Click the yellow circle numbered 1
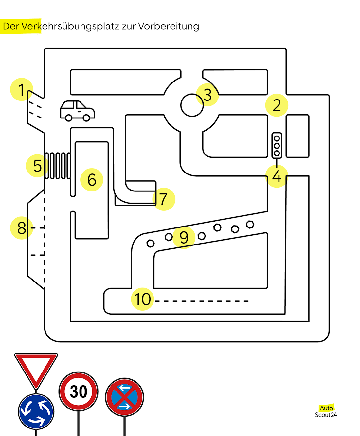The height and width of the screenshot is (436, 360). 22,89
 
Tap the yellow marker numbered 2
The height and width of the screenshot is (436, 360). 277,105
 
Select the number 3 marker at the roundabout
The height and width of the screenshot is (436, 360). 207,95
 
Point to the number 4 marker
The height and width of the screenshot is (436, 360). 277,176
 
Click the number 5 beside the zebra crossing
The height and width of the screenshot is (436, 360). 37,166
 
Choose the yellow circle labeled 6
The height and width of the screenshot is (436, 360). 92,180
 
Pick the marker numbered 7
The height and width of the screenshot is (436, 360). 164,199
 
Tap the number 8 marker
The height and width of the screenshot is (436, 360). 22,228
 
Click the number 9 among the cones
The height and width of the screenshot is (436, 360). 184,237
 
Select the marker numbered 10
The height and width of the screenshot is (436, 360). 142,299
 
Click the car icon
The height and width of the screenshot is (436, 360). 78,111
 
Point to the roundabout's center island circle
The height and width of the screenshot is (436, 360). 192,105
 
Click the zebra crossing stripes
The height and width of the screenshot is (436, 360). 58,166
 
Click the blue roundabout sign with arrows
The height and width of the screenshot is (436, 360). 36,411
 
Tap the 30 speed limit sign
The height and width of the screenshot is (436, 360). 79,391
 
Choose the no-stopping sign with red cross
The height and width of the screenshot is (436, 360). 124,397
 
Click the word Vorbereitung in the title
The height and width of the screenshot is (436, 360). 168,26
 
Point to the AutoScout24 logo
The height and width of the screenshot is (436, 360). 326,411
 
